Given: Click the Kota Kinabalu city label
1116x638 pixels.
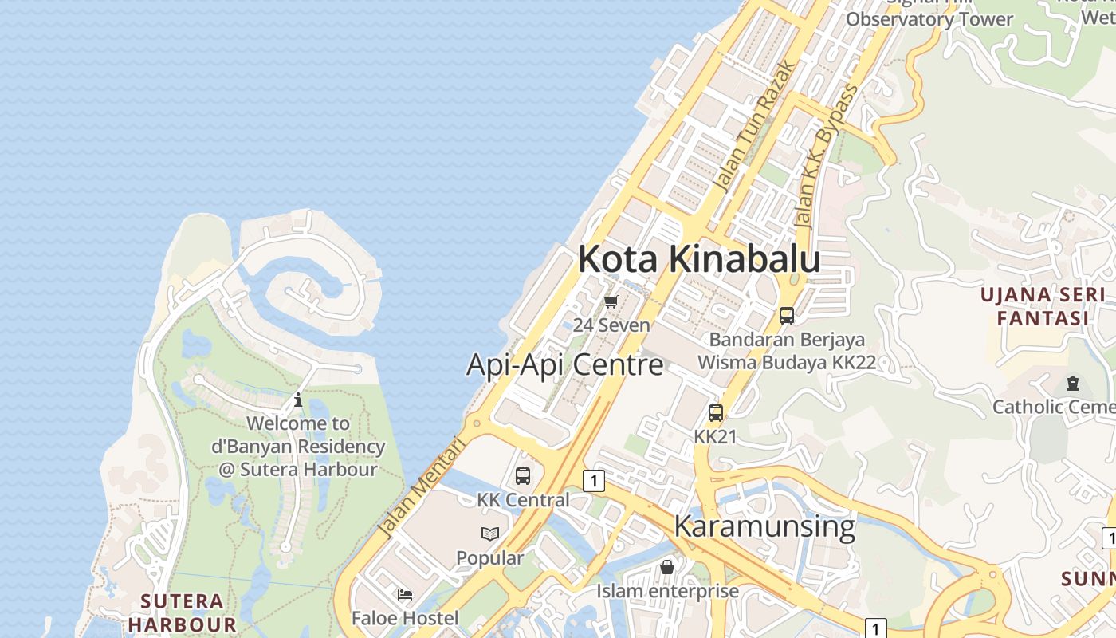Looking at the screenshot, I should (x=699, y=259).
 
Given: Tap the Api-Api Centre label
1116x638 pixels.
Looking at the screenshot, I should (x=564, y=364).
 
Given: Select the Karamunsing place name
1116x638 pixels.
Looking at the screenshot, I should (x=764, y=526).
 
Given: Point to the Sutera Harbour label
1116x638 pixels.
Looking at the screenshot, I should (x=182, y=612).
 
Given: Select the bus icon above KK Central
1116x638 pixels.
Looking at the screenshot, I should (x=523, y=476).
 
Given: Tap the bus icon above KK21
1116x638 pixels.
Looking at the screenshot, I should (x=716, y=413).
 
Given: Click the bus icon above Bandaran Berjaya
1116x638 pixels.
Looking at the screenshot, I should (x=787, y=316).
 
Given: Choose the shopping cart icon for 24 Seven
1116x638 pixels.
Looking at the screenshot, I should (x=611, y=301).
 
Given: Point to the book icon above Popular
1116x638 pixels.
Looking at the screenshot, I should (x=490, y=534).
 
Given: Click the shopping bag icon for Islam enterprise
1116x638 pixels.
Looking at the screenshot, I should (x=667, y=567).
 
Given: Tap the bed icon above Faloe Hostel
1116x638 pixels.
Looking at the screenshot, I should (x=405, y=594).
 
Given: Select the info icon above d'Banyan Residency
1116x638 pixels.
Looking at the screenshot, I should (x=298, y=400).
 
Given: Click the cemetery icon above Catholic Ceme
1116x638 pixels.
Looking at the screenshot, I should (x=1072, y=384).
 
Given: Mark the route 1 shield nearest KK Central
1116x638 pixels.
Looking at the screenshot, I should (x=593, y=481).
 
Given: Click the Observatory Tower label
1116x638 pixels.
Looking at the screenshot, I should (x=929, y=19).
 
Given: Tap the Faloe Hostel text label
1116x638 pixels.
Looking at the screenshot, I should (x=405, y=618).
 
